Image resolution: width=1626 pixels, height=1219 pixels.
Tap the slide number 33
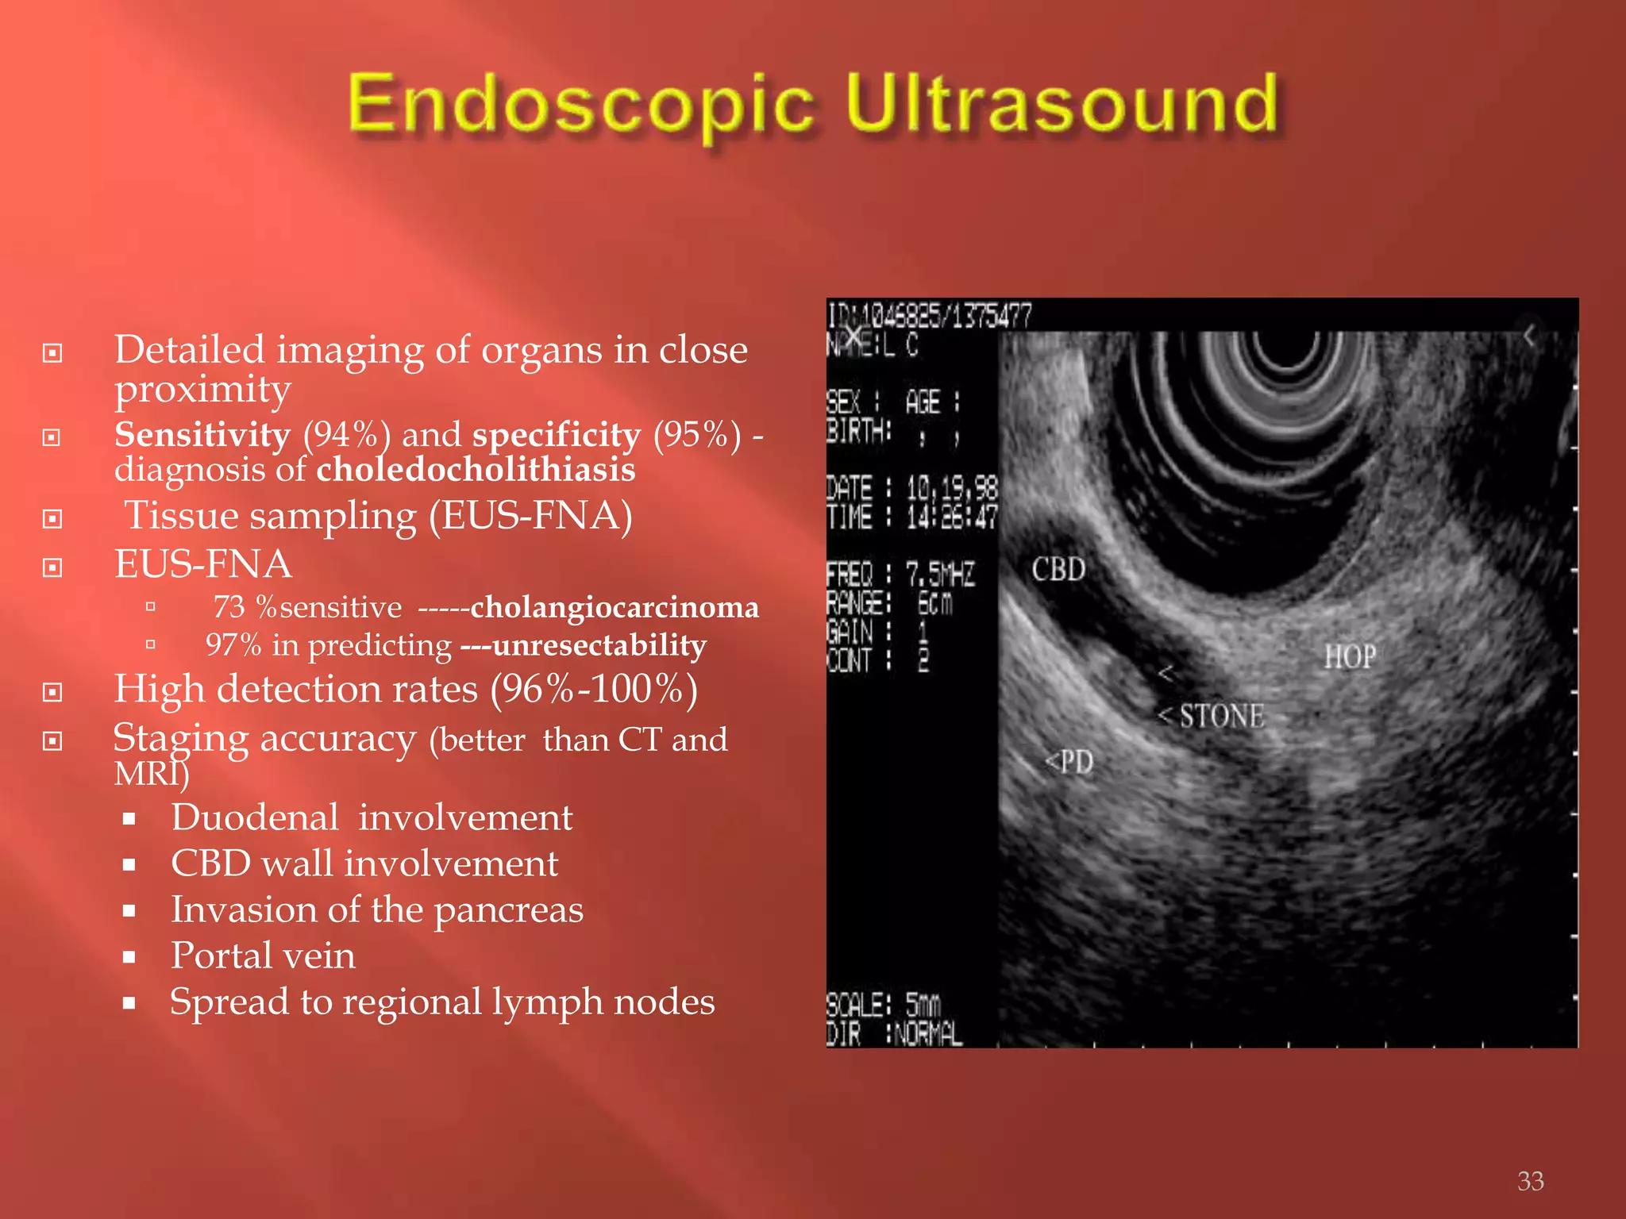pos(1530,1181)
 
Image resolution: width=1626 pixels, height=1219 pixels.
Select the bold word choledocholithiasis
pos(476,470)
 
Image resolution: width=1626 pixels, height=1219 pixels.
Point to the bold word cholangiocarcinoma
pos(615,607)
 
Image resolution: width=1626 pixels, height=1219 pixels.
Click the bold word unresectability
pos(599,645)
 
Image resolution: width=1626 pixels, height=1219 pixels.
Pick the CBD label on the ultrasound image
pos(1058,570)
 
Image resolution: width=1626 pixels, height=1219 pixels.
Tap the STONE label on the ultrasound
pos(1220,717)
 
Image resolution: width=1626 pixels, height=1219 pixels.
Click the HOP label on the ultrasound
pos(1349,657)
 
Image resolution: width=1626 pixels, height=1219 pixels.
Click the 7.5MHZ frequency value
pos(941,574)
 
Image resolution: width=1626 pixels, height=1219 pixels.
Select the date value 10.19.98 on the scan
pos(952,487)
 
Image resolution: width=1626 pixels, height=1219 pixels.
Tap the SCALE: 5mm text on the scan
pos(883,1006)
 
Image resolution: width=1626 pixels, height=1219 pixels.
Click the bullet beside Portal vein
pos(129,957)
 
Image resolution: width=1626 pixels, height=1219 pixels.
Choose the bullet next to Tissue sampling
pos(52,519)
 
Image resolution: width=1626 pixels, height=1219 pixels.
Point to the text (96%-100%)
pos(594,689)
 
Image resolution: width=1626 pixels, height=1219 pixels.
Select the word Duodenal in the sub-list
pos(255,818)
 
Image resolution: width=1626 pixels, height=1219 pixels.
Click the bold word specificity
pos(556,435)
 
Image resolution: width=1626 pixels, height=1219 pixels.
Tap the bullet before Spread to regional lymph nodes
pos(129,1003)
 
